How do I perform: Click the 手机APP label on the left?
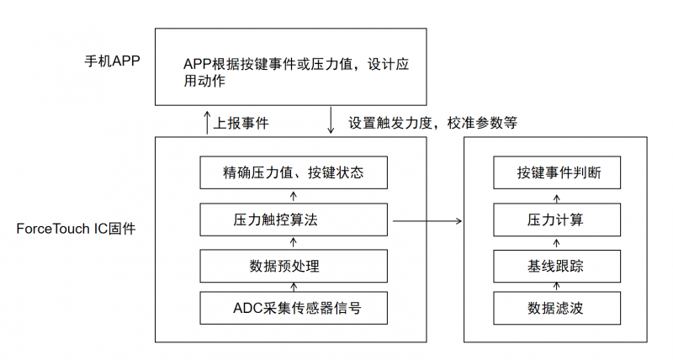111,61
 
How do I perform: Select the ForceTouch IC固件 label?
75,229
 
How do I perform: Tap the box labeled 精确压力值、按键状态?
293,174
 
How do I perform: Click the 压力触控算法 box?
293,220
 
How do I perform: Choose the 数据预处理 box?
293,267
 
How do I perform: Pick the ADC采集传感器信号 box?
293,308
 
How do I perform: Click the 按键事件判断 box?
557,174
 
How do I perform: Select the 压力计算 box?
557,220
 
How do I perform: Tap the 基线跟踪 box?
557,267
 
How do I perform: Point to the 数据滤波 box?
557,308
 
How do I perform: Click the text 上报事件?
241,122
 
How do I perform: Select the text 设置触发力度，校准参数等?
432,122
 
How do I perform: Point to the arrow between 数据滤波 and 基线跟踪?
557,287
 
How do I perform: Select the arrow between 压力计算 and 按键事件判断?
557,197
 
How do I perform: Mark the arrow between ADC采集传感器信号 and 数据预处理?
293,287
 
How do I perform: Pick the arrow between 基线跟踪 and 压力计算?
557,243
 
